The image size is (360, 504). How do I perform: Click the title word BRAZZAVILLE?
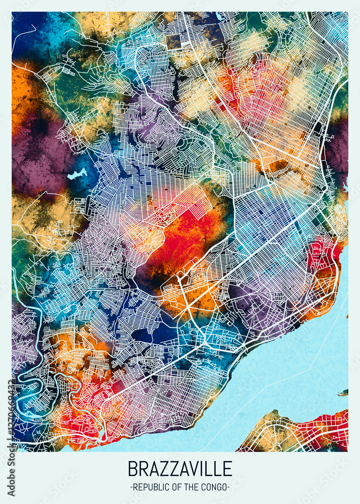(x=180, y=469)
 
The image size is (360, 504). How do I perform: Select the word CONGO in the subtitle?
(x=214, y=487)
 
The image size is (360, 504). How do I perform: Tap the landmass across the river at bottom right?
(x=303, y=433)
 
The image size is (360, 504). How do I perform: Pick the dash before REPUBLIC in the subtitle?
(x=132, y=487)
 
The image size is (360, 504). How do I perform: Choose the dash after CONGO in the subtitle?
(x=228, y=487)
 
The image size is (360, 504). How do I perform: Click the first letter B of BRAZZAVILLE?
(x=133, y=469)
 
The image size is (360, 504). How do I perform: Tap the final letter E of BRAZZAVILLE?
(x=227, y=469)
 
